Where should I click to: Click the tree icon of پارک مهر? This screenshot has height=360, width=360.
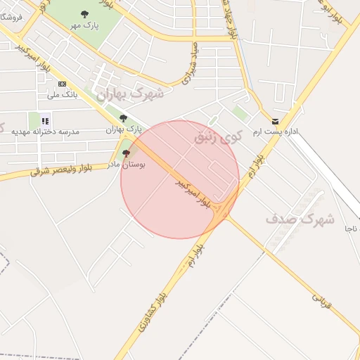point(84,14)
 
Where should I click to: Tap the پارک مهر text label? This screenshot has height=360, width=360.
point(84,25)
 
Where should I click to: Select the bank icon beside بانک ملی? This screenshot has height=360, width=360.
point(62,84)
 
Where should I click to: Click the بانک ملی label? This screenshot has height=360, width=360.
point(61,94)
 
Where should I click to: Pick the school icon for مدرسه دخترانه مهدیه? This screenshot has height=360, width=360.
point(45,121)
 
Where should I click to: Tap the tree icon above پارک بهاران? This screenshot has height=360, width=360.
point(124,118)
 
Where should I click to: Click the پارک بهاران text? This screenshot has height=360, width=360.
point(124,130)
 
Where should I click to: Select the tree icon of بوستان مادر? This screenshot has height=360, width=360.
point(127,153)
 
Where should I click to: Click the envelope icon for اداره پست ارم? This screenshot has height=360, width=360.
point(274,122)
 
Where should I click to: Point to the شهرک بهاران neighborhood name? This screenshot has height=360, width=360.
point(130,94)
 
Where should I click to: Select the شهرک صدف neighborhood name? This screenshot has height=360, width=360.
point(300,219)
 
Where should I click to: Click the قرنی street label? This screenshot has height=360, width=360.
point(321,301)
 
